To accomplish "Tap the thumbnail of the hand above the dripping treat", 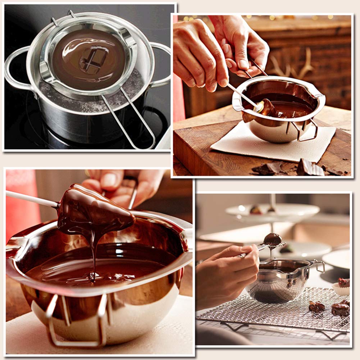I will pyautogui.click(x=109, y=180).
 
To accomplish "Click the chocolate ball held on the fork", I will pyautogui.click(x=272, y=239).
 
